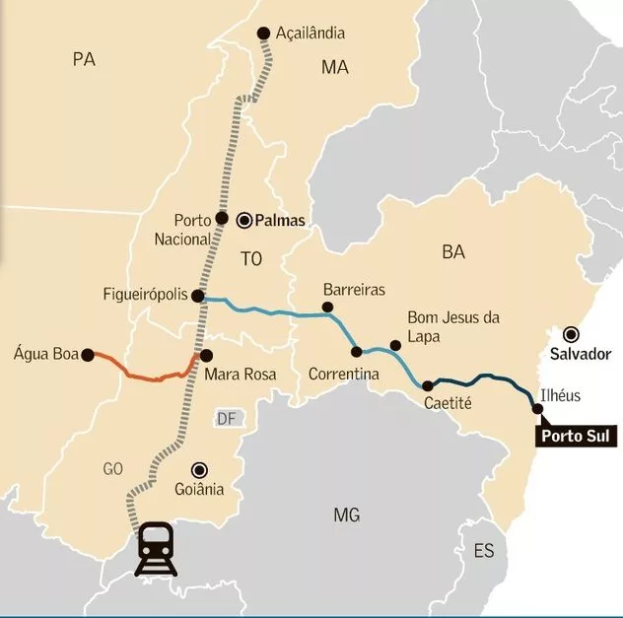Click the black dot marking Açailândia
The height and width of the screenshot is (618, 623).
click(x=263, y=34)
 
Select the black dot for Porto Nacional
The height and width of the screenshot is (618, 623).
click(x=222, y=219)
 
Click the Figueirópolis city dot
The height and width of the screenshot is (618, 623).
click(x=197, y=296)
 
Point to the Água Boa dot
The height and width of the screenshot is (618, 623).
click(x=87, y=354)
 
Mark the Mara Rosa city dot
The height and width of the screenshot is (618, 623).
click(x=206, y=356)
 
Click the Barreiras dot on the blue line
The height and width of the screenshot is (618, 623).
click(x=328, y=308)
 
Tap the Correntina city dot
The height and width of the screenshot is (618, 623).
click(x=356, y=352)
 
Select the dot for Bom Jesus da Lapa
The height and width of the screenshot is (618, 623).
click(x=395, y=346)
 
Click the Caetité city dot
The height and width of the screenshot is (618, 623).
click(x=427, y=386)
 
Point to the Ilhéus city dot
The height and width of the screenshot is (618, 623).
click(x=536, y=408)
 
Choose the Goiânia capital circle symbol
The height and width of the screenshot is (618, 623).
click(x=200, y=469)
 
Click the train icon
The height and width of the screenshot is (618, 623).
click(x=157, y=547)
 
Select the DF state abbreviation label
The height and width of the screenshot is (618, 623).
click(x=227, y=419)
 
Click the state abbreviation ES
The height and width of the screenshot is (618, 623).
click(x=483, y=550)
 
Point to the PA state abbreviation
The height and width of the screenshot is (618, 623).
click(x=84, y=60)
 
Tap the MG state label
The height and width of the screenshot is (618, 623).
click(x=346, y=515)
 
